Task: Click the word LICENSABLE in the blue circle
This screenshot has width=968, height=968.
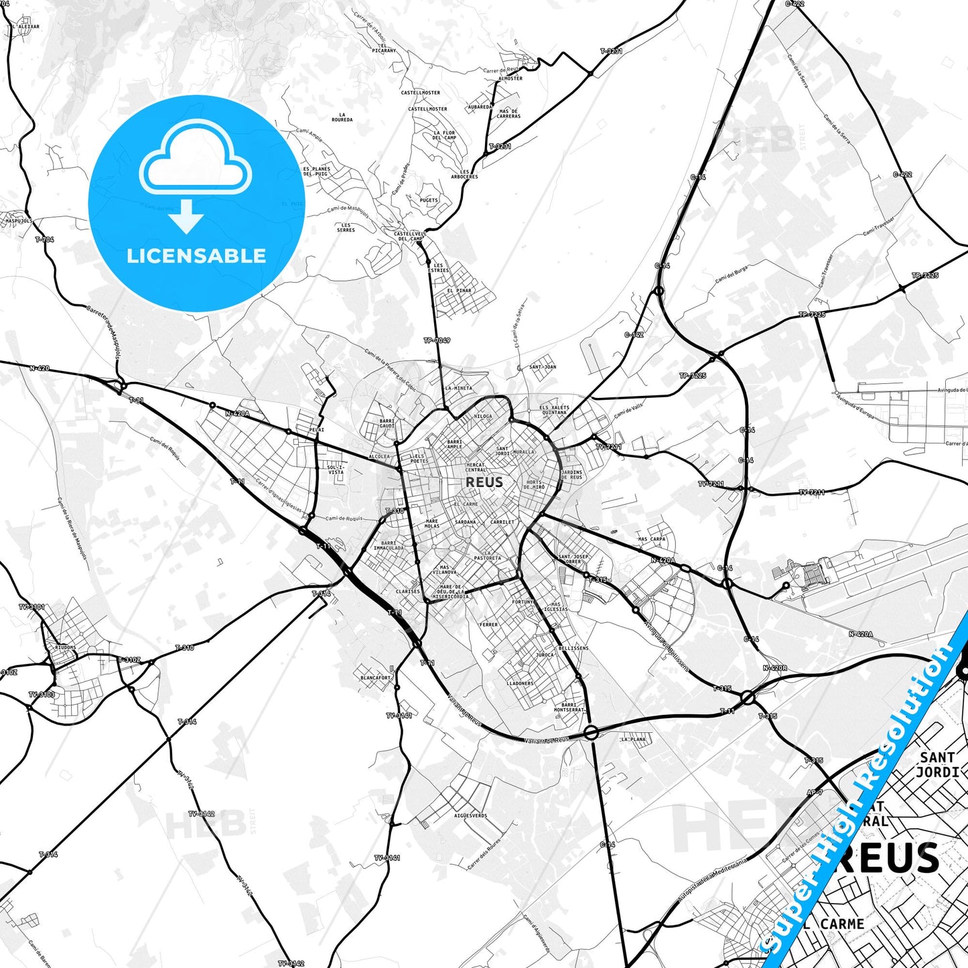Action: pos(196,255)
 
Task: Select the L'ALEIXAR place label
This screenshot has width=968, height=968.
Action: pos(25,27)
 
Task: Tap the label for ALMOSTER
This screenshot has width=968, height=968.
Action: pos(510,78)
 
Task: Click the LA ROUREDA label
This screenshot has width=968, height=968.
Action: pos(342,117)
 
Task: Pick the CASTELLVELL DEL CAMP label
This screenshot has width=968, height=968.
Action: pos(410,236)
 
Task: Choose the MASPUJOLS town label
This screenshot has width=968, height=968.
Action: pos(18,220)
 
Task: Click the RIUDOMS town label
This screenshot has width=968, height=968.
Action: pos(65,648)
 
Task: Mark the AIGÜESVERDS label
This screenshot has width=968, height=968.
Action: pos(470,815)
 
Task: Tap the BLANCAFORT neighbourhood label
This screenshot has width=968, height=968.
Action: pos(375,677)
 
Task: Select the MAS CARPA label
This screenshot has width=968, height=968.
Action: pos(651,539)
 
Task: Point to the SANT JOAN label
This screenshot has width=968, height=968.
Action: pos(543,367)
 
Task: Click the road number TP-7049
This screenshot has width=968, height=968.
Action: pos(437,340)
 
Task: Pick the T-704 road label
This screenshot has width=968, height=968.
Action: pos(44,239)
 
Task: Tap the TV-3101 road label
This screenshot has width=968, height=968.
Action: pos(31,607)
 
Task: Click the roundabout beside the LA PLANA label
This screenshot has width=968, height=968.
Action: pos(591,733)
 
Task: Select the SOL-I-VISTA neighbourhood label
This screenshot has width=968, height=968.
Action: pos(336,469)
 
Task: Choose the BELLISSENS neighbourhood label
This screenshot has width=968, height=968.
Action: pos(573,648)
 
